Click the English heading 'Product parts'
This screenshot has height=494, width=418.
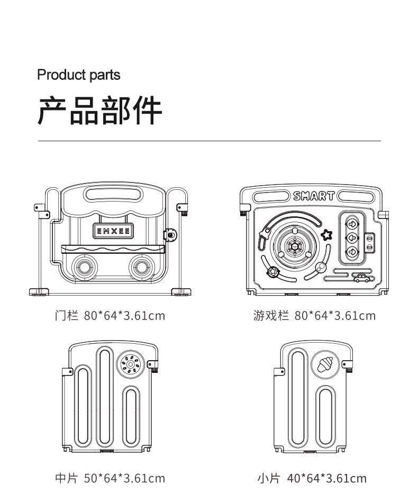pos(78,75)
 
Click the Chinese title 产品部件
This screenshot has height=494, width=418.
pos(99,111)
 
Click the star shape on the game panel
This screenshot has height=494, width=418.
pos(326,234)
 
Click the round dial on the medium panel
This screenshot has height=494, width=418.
pos(130,364)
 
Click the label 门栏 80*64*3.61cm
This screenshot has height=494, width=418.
pos(110,316)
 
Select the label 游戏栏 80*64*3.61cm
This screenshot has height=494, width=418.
pos(314,316)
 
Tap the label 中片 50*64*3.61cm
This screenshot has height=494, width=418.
pos(110,479)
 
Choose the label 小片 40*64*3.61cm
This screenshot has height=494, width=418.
pos(312,479)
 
